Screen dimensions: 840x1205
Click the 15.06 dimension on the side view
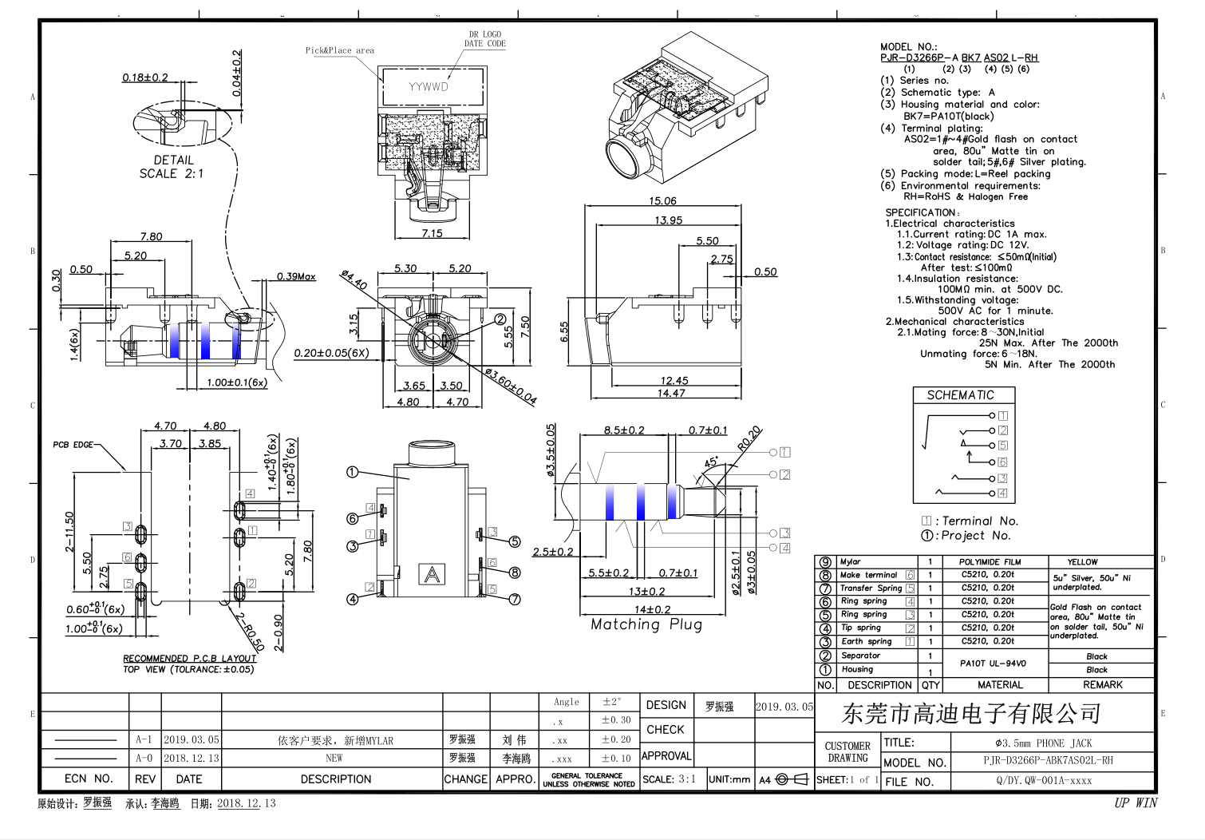pyautogui.click(x=662, y=201)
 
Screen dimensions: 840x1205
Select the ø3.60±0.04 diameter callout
pyautogui.click(x=511, y=386)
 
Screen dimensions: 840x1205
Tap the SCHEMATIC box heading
pyautogui.click(x=960, y=395)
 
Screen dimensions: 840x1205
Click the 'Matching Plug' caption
pyautogui.click(x=646, y=624)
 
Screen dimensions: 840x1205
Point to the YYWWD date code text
pyautogui.click(x=429, y=87)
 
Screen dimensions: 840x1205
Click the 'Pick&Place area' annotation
pyautogui.click(x=339, y=50)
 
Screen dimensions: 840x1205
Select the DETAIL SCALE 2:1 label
pyautogui.click(x=172, y=167)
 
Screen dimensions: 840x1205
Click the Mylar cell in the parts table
pyautogui.click(x=851, y=562)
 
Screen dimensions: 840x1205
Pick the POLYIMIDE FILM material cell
pyautogui.click(x=990, y=562)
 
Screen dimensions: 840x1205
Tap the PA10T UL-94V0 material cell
pyautogui.click(x=993, y=663)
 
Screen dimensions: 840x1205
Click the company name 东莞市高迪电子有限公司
pyautogui.click(x=971, y=713)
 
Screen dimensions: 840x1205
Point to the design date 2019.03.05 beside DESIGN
pyautogui.click(x=784, y=707)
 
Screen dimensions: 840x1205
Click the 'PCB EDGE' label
pyautogui.click(x=73, y=445)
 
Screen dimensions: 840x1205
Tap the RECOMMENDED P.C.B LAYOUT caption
pyautogui.click(x=190, y=659)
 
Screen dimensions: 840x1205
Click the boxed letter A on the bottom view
pyautogui.click(x=432, y=574)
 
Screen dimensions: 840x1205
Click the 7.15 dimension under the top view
pyautogui.click(x=432, y=233)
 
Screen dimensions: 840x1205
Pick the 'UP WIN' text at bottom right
pyautogui.click(x=1135, y=803)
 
